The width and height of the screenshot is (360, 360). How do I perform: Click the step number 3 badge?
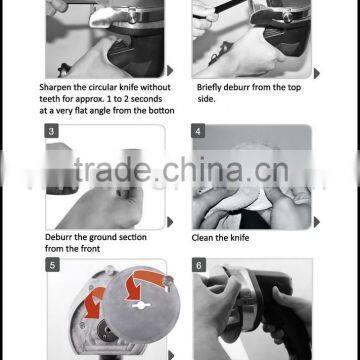[51, 131]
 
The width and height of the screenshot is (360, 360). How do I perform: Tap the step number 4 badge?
[198, 131]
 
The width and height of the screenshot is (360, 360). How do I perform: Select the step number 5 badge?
[52, 265]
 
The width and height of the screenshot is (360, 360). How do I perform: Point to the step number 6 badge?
[199, 265]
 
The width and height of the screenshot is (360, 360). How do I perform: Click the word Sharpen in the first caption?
[55, 88]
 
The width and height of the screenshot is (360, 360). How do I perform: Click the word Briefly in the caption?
[211, 88]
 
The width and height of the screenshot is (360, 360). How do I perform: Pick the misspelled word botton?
[161, 111]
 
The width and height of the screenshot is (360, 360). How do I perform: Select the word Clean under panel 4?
[203, 238]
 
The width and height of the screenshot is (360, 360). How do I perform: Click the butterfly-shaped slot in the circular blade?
[141, 305]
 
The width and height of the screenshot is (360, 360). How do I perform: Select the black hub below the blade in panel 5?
[107, 330]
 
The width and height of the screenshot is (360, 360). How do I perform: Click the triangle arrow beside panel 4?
[317, 222]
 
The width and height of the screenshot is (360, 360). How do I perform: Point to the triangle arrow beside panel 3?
[170, 222]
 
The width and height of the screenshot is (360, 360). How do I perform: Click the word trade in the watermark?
[112, 169]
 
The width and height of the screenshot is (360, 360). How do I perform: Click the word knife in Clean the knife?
[239, 238]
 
